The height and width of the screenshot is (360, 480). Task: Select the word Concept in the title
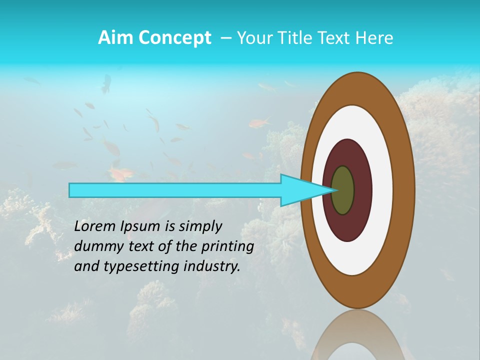click(174, 38)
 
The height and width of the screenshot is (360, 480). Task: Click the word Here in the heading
click(374, 38)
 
